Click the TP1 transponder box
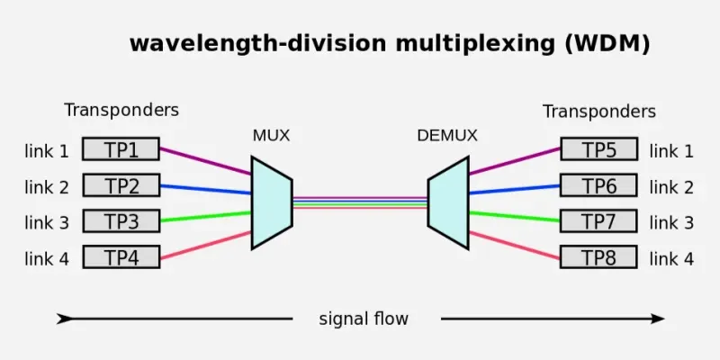(121, 149)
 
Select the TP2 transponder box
(121, 185)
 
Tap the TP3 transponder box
(121, 221)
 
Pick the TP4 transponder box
(121, 257)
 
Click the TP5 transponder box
(598, 149)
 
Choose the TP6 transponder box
(598, 185)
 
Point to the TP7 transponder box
(598, 221)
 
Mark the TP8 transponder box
(598, 257)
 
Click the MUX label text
(271, 137)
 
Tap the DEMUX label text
(447, 137)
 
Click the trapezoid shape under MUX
(271, 202)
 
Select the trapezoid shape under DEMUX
(448, 202)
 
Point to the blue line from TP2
(205, 189)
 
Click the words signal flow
(364, 319)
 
